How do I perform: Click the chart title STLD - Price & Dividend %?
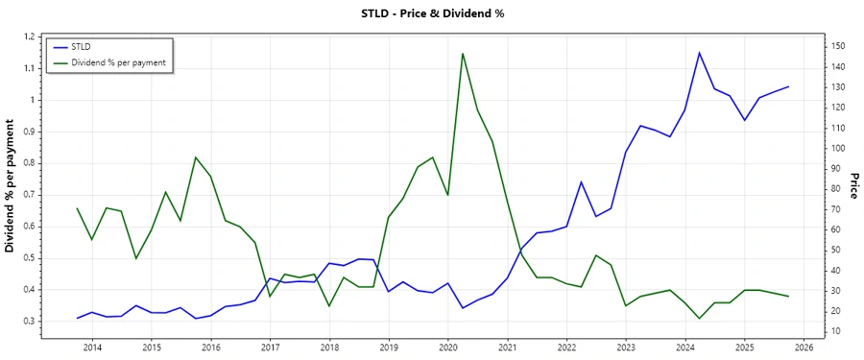point(431,13)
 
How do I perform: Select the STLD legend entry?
point(82,46)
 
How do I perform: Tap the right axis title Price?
point(852,186)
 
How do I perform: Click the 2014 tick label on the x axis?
point(92,348)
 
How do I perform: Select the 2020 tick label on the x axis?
point(448,348)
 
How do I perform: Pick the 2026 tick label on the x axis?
point(804,348)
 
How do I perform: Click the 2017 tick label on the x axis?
point(270,348)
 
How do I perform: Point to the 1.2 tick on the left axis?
point(28,36)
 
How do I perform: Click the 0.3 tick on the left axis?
point(28,321)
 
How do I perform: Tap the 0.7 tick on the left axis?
point(28,195)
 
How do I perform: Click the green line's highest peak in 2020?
point(463,53)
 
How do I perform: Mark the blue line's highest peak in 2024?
point(699,52)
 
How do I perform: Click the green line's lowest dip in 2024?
point(699,319)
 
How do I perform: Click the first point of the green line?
point(77,208)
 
